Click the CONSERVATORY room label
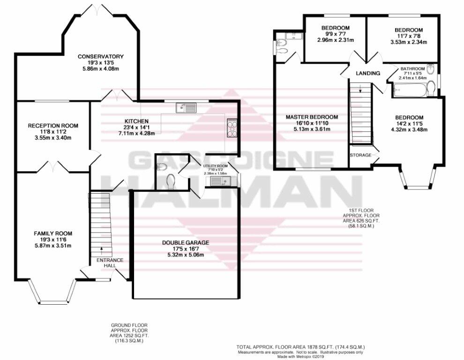point(101,56)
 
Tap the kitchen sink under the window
point(186,108)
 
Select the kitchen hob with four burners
point(232,127)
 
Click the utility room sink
point(220,181)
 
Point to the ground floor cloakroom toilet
point(171,181)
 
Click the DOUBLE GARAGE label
point(186,243)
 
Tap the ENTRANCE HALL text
point(110,263)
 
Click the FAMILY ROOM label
point(53,233)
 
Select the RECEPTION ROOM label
point(53,126)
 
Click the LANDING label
point(368,73)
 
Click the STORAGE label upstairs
point(360,155)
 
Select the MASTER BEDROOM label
point(312,117)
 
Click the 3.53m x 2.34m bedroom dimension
point(409,42)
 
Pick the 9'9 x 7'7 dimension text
point(336,34)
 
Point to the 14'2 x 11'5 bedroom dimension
point(409,123)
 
